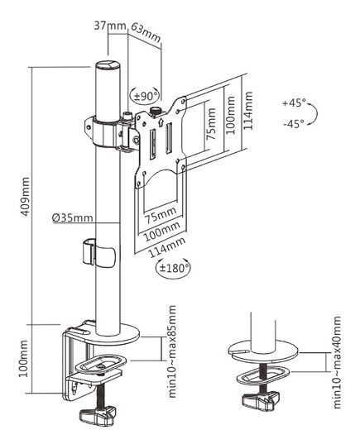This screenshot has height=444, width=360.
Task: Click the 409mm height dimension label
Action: point(26,196)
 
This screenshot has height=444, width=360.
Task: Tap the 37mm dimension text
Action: point(110,26)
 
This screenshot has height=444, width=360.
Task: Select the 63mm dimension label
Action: point(146,33)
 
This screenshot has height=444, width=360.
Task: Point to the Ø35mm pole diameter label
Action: point(73,217)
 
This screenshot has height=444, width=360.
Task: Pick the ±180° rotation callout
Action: point(173,268)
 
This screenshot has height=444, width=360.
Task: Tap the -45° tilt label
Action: point(294,123)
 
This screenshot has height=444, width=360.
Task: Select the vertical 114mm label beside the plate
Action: point(248,111)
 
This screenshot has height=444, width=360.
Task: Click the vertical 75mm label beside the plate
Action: point(211,124)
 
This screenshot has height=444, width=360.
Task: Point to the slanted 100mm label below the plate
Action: point(162,230)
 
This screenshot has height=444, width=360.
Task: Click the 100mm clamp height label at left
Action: point(23,359)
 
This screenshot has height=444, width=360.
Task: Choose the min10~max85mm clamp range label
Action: point(172,351)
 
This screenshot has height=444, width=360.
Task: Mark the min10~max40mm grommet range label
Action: point(337,362)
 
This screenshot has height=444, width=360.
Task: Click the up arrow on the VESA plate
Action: point(161,122)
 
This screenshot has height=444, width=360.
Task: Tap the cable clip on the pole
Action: point(98,254)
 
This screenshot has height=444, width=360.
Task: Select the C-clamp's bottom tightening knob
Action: point(98,416)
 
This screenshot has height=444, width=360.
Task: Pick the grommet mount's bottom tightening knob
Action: point(261,399)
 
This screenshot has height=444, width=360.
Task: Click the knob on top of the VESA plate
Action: point(155,111)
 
